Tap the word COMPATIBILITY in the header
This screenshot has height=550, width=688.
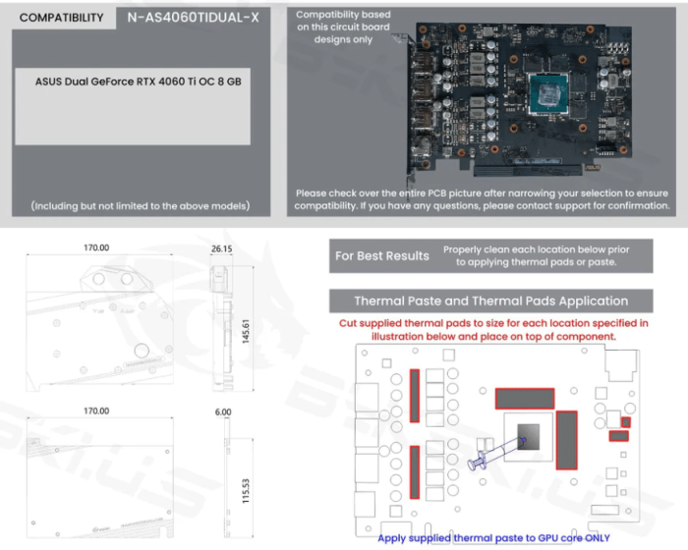click(x=61, y=18)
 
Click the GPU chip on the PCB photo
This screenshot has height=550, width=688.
click(x=542, y=94)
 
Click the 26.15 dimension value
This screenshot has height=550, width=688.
click(x=222, y=249)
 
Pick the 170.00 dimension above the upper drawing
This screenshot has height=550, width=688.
click(x=96, y=249)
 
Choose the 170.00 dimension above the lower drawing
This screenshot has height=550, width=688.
click(x=96, y=412)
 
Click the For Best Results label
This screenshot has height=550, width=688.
click(x=381, y=256)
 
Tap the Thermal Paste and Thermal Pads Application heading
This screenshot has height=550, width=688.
click(x=490, y=302)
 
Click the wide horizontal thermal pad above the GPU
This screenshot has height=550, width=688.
click(x=525, y=398)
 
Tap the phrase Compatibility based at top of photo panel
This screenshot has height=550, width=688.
click(x=343, y=15)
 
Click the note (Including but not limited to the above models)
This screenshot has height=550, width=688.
click(x=141, y=205)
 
